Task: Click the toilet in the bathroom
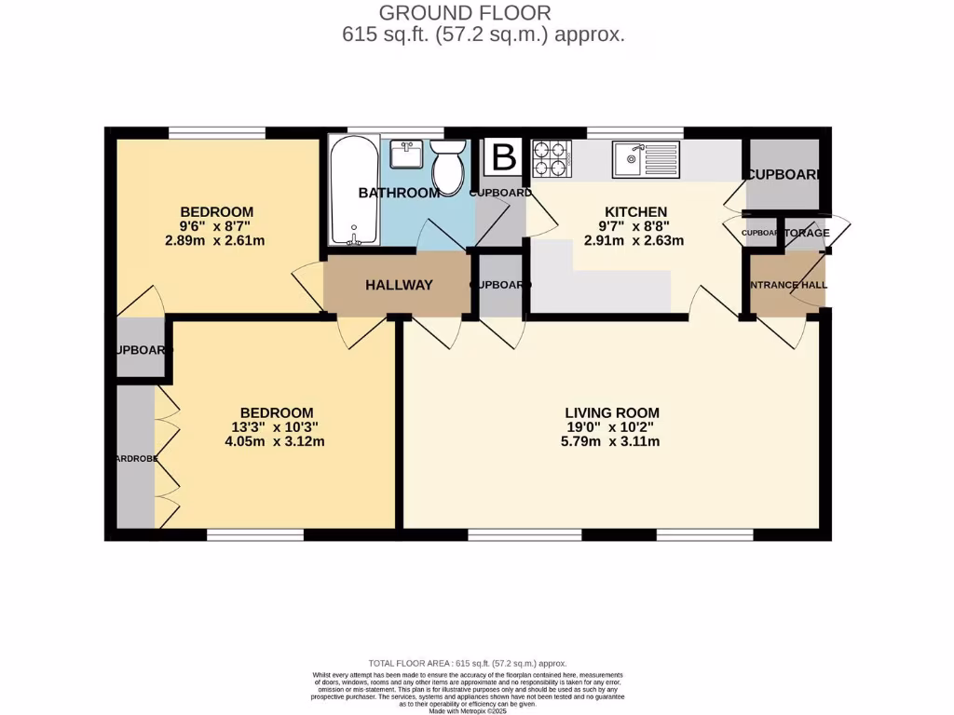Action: click(448, 166)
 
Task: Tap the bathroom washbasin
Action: click(407, 154)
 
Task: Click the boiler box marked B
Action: click(503, 157)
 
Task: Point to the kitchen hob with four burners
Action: click(551, 158)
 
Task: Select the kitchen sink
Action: click(647, 159)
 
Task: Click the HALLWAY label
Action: click(399, 285)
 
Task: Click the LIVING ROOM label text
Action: click(612, 412)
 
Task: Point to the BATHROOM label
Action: click(399, 193)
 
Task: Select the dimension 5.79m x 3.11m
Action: click(612, 441)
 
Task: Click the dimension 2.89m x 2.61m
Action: click(216, 241)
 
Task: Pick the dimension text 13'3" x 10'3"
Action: click(276, 427)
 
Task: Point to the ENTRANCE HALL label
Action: click(787, 285)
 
